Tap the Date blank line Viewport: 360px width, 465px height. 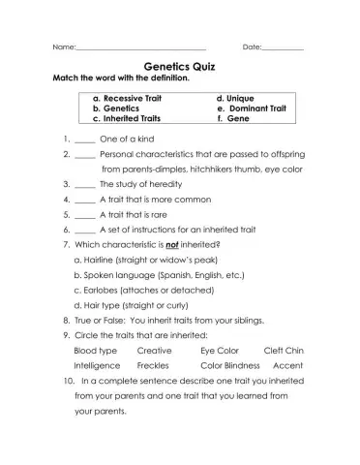(282, 47)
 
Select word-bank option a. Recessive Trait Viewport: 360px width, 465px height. (127, 98)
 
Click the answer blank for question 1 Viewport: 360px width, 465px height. (83, 139)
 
